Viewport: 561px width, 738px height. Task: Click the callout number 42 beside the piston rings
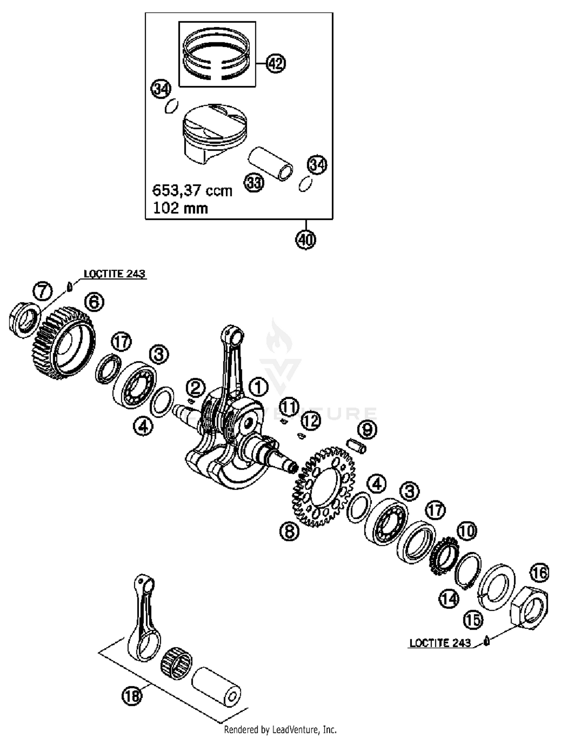click(x=276, y=64)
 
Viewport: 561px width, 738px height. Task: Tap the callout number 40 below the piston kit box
click(x=306, y=239)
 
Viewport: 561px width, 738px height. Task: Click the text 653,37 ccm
click(x=192, y=191)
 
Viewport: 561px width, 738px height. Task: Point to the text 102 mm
click(x=180, y=208)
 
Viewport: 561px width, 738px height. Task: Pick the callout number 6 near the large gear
click(x=94, y=301)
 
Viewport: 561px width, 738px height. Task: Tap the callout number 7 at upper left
click(x=43, y=291)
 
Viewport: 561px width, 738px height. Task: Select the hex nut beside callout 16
click(x=529, y=609)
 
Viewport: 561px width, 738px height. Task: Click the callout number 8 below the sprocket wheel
click(x=289, y=531)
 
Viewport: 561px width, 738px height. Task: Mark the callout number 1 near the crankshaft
click(x=258, y=388)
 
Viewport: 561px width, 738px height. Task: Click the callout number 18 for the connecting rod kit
click(x=132, y=696)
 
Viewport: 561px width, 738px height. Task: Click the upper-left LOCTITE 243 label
click(x=114, y=274)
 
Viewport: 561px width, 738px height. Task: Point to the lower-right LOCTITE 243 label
click(x=440, y=643)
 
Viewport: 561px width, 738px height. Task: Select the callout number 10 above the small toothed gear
click(x=466, y=531)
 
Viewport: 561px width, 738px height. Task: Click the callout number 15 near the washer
click(x=473, y=620)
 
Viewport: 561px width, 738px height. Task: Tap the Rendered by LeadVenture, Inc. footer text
click(x=280, y=730)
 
